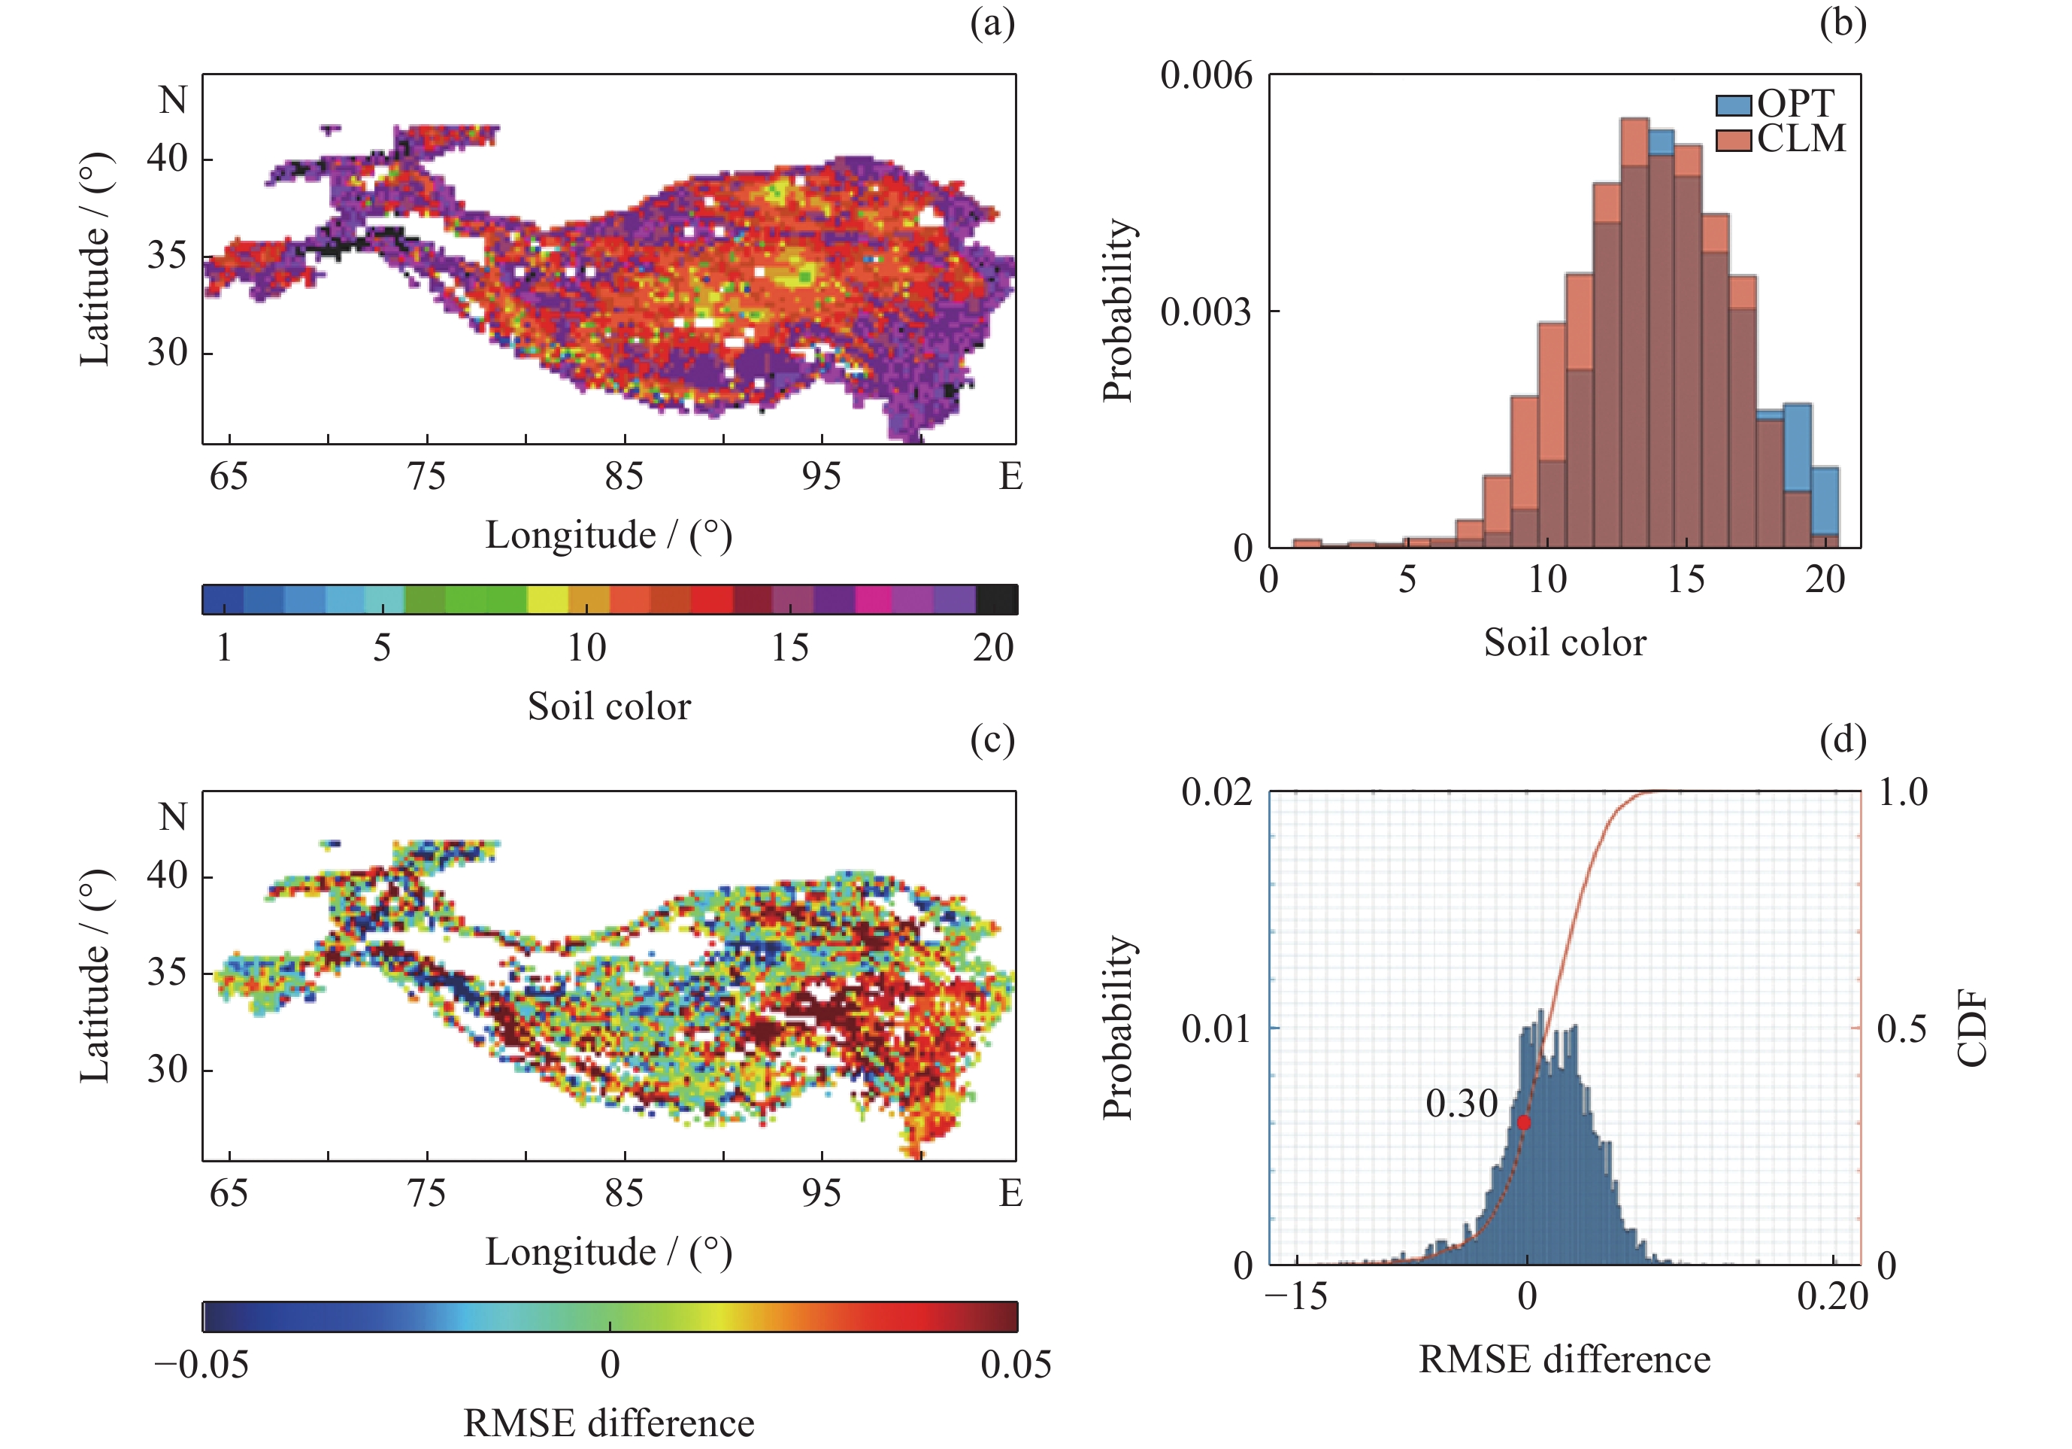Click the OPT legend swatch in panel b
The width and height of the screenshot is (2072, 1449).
pos(1733,105)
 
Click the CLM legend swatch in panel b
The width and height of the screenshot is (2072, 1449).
pos(1733,140)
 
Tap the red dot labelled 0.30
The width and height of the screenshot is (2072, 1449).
pos(1523,1123)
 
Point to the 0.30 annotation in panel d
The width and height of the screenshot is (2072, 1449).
pos(1461,1103)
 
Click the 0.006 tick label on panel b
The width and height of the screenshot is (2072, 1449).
pos(1206,75)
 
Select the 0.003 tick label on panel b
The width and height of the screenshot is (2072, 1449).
pos(1206,312)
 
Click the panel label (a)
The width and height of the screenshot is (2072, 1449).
pos(992,23)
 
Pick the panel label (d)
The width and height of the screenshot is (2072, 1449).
pos(1843,740)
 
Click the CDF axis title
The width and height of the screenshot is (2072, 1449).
pos(1973,1028)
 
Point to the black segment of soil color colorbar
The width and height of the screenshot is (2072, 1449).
pos(997,600)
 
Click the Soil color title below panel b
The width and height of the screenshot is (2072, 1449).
pos(1565,642)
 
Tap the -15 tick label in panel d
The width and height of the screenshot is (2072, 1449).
pos(1296,1296)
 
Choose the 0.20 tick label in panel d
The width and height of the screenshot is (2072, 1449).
pos(1832,1296)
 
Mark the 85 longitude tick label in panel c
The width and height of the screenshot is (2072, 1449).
pos(623,1193)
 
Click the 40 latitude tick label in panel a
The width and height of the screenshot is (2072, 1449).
pos(168,158)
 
